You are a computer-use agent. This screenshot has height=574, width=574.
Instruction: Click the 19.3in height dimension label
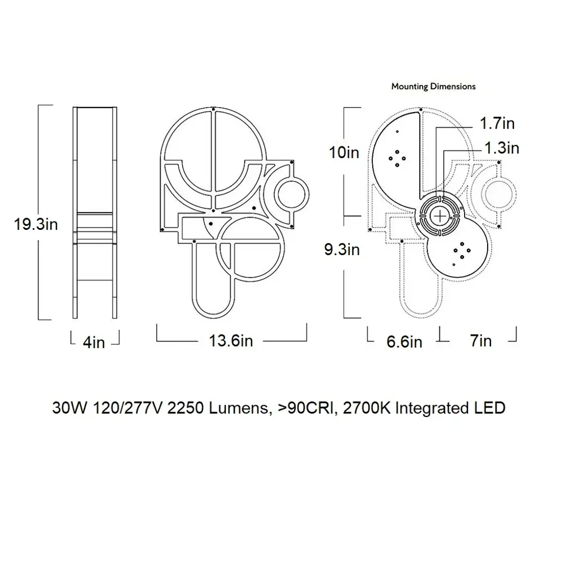coord(36,224)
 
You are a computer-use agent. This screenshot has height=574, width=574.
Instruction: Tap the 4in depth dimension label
coord(94,342)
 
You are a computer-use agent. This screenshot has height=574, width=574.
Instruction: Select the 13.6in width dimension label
coord(230,341)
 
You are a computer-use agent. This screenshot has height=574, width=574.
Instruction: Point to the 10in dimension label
coord(344,152)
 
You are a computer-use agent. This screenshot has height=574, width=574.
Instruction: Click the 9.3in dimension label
coord(342,249)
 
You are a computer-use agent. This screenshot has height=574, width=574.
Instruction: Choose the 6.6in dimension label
coord(404,342)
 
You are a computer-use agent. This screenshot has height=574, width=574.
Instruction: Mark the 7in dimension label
coord(480,341)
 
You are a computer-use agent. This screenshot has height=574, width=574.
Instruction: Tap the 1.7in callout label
coord(497,123)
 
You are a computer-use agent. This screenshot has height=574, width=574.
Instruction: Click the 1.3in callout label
coord(502,148)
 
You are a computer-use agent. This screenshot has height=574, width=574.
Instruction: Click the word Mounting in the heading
coord(410,87)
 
